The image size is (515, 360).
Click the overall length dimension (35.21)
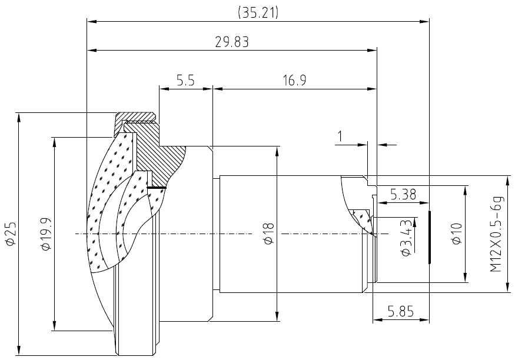pos(258,12)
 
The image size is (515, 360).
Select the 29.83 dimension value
pos(232,42)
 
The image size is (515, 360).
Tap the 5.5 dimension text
pos(185,81)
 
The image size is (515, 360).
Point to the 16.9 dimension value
pos(295,81)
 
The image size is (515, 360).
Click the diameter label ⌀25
pos(11,234)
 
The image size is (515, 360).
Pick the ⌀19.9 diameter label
pos(46,234)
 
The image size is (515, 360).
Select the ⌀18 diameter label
pos(268,234)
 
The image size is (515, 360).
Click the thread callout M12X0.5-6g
pos(497,234)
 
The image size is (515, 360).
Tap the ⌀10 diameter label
pos(457,234)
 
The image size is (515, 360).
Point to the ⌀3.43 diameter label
pos(406,238)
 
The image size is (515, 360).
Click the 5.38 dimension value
pos(403,195)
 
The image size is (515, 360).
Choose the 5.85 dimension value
pos(401,311)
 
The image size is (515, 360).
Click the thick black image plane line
pos(429,237)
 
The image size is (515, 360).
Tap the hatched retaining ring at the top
pos(135,118)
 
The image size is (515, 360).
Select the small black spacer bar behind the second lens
pos(157,188)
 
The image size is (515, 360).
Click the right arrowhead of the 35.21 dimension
pos(425,22)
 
